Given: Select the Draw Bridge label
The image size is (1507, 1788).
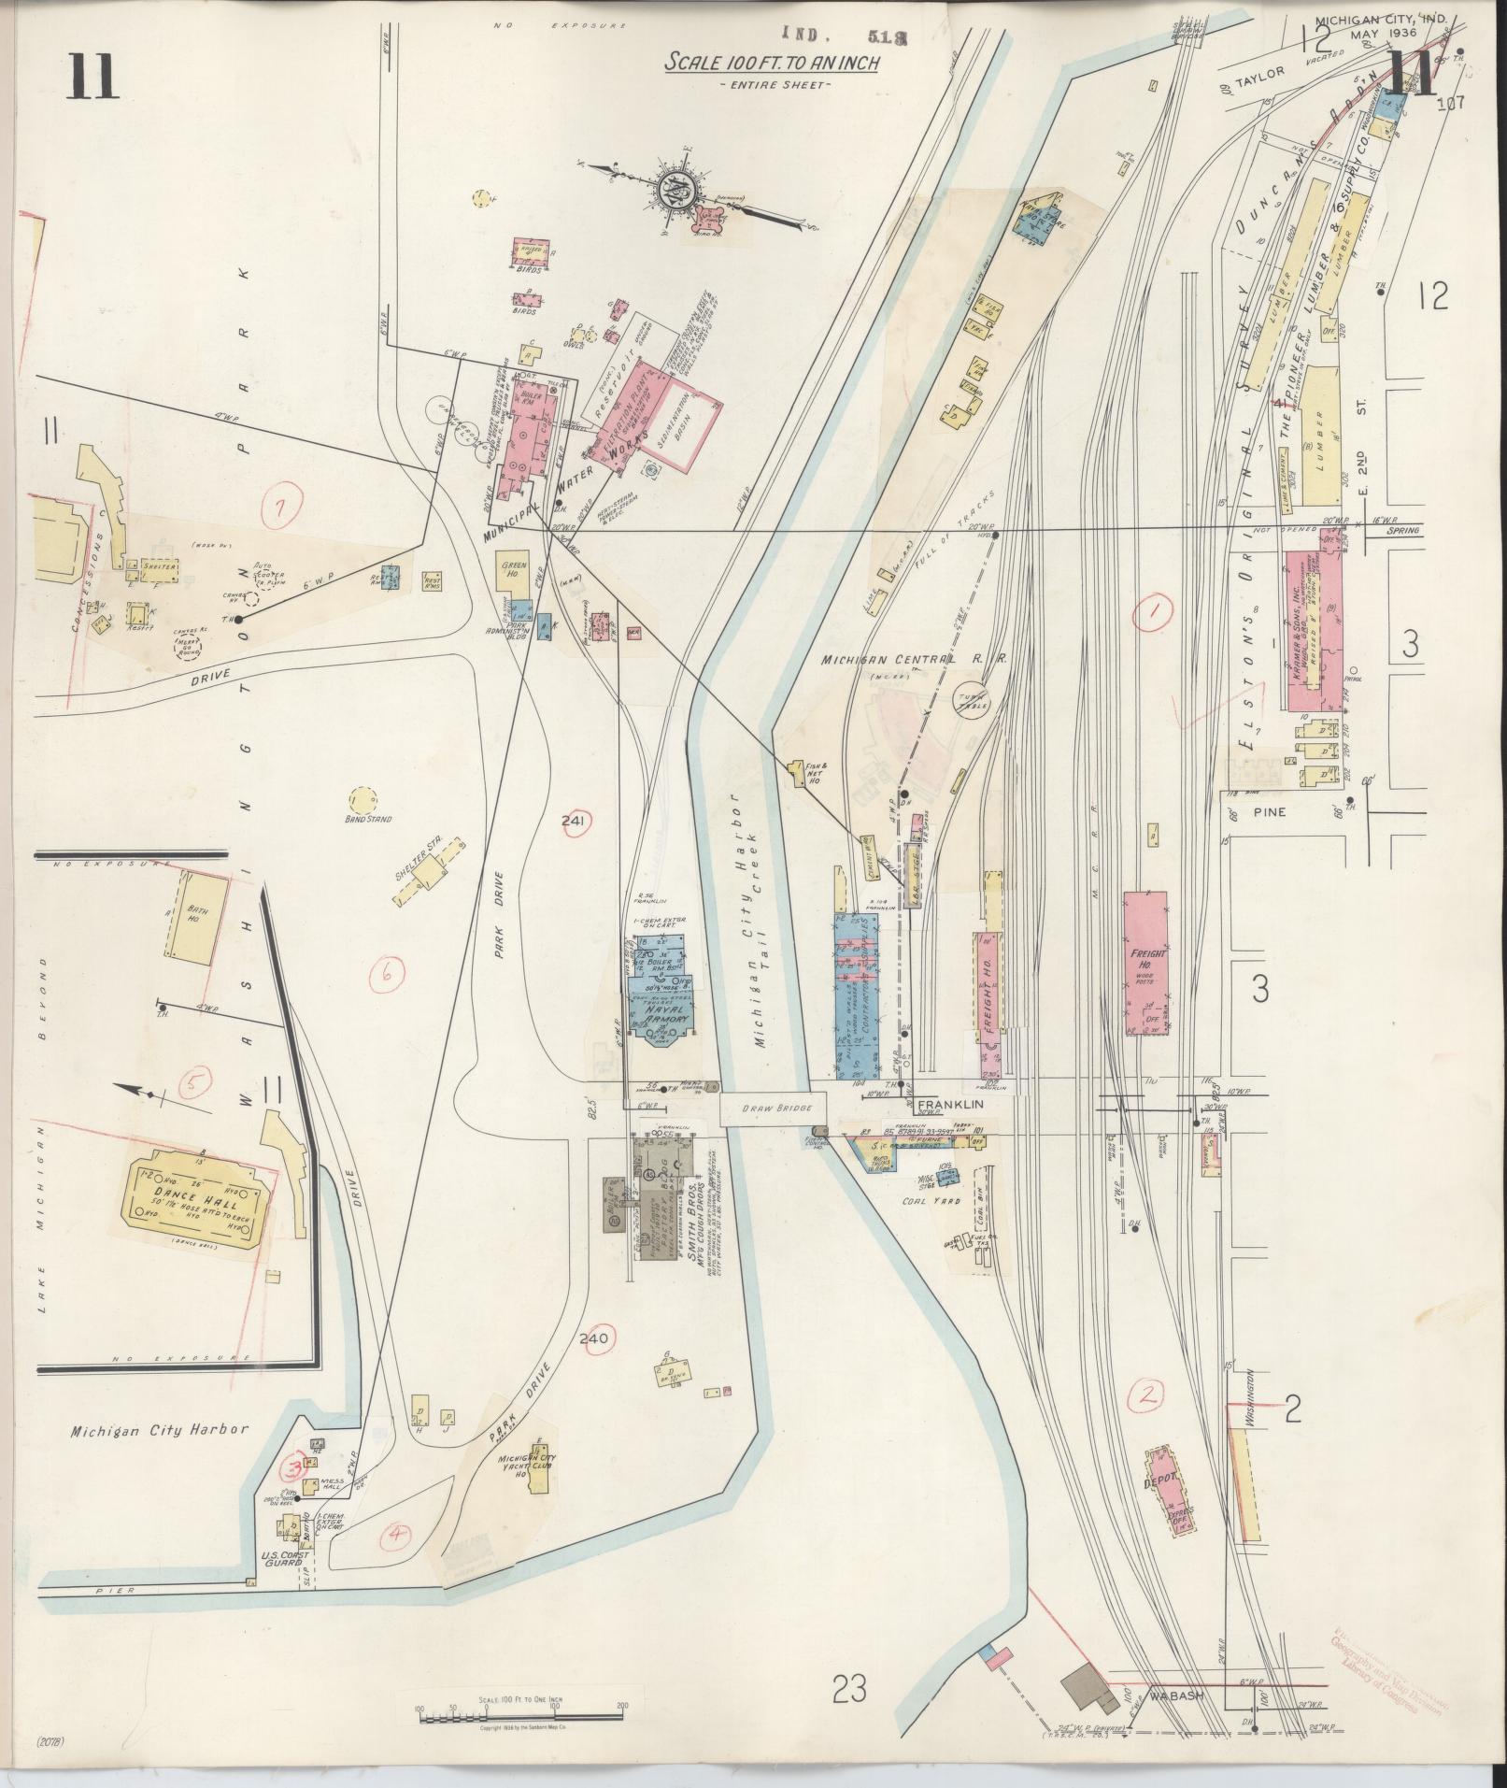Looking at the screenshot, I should (772, 1107).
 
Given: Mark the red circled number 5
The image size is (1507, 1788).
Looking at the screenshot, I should (192, 1084).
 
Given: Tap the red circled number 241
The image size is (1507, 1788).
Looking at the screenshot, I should (574, 821).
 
